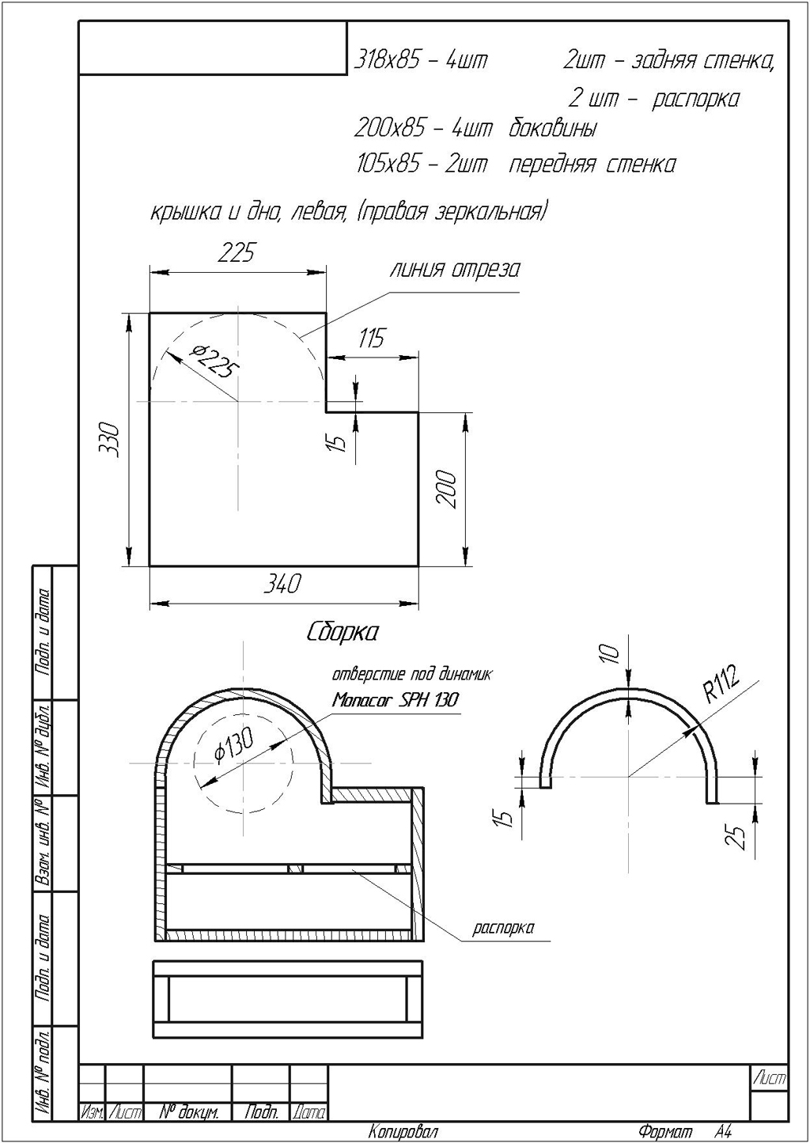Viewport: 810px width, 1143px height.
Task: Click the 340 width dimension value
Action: pyautogui.click(x=282, y=585)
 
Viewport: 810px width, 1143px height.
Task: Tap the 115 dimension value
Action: pyautogui.click(x=371, y=339)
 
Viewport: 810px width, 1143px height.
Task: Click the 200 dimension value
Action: pyautogui.click(x=446, y=489)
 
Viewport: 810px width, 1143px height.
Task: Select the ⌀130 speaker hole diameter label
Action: pyautogui.click(x=234, y=746)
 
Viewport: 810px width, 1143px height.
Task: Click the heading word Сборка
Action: pyautogui.click(x=342, y=633)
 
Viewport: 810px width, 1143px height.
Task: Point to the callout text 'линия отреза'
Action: pyautogui.click(x=455, y=270)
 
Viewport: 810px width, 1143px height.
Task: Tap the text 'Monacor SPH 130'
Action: pyautogui.click(x=396, y=700)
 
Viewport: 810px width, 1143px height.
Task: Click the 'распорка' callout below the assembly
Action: pyautogui.click(x=503, y=928)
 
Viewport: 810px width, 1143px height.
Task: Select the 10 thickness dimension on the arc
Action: pyautogui.click(x=608, y=653)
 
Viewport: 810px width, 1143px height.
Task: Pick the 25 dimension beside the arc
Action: pyautogui.click(x=736, y=835)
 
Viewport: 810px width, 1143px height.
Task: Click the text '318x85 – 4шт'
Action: pyautogui.click(x=421, y=60)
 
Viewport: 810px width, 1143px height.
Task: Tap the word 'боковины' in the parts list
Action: pyautogui.click(x=552, y=128)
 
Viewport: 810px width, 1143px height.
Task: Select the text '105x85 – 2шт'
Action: pyautogui.click(x=422, y=165)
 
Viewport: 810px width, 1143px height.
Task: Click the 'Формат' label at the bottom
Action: pyautogui.click(x=664, y=1133)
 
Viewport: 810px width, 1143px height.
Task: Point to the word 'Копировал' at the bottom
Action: pyautogui.click(x=403, y=1133)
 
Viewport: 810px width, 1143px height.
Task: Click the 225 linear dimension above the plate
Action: pyautogui.click(x=237, y=252)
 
